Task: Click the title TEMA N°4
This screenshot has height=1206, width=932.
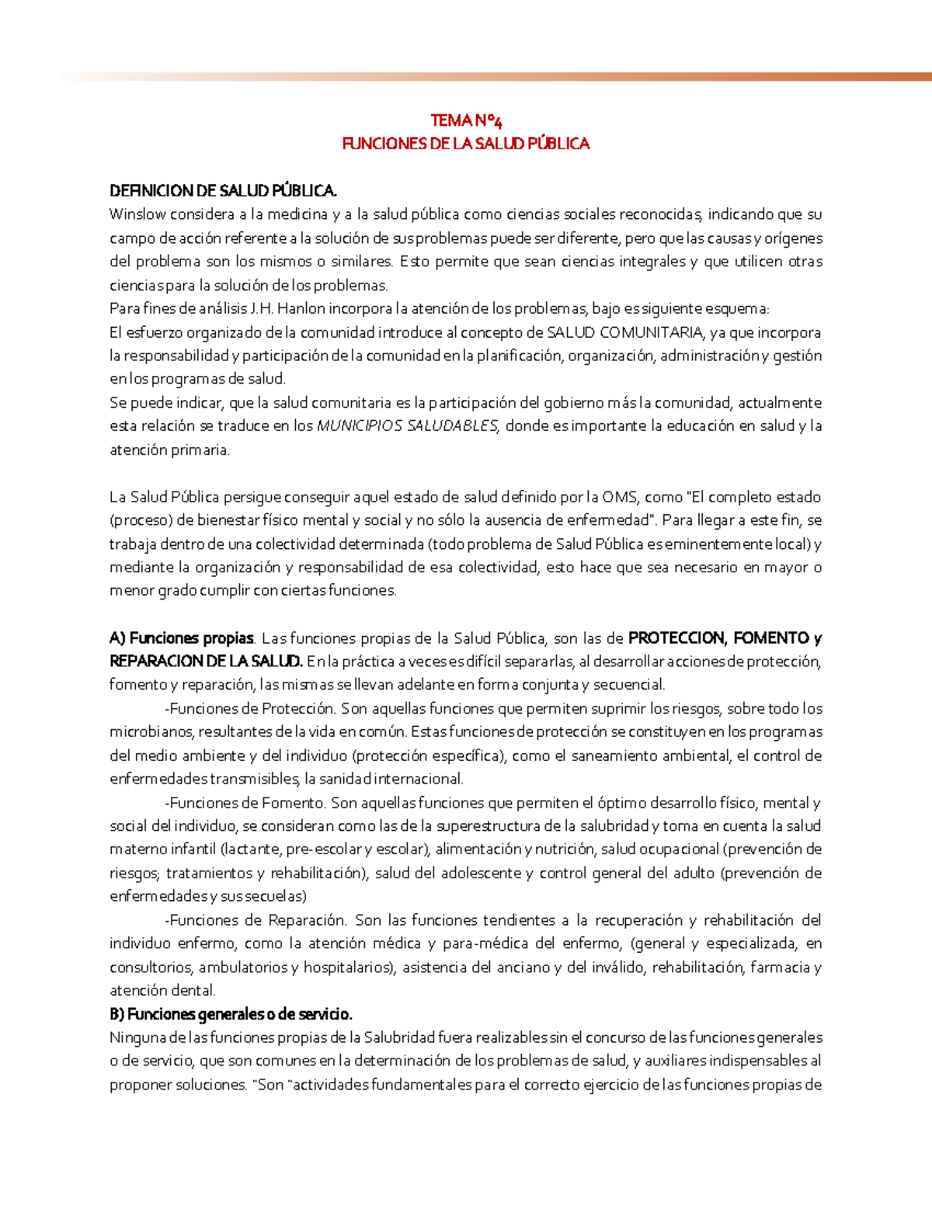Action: click(466, 120)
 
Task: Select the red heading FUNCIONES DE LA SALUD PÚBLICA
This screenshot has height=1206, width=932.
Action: click(466, 144)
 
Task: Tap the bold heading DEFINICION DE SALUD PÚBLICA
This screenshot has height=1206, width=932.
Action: click(223, 191)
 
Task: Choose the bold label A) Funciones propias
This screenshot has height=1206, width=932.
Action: click(182, 638)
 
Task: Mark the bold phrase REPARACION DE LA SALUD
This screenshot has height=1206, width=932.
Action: click(206, 662)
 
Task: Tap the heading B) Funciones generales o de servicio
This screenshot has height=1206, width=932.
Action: click(231, 1014)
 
